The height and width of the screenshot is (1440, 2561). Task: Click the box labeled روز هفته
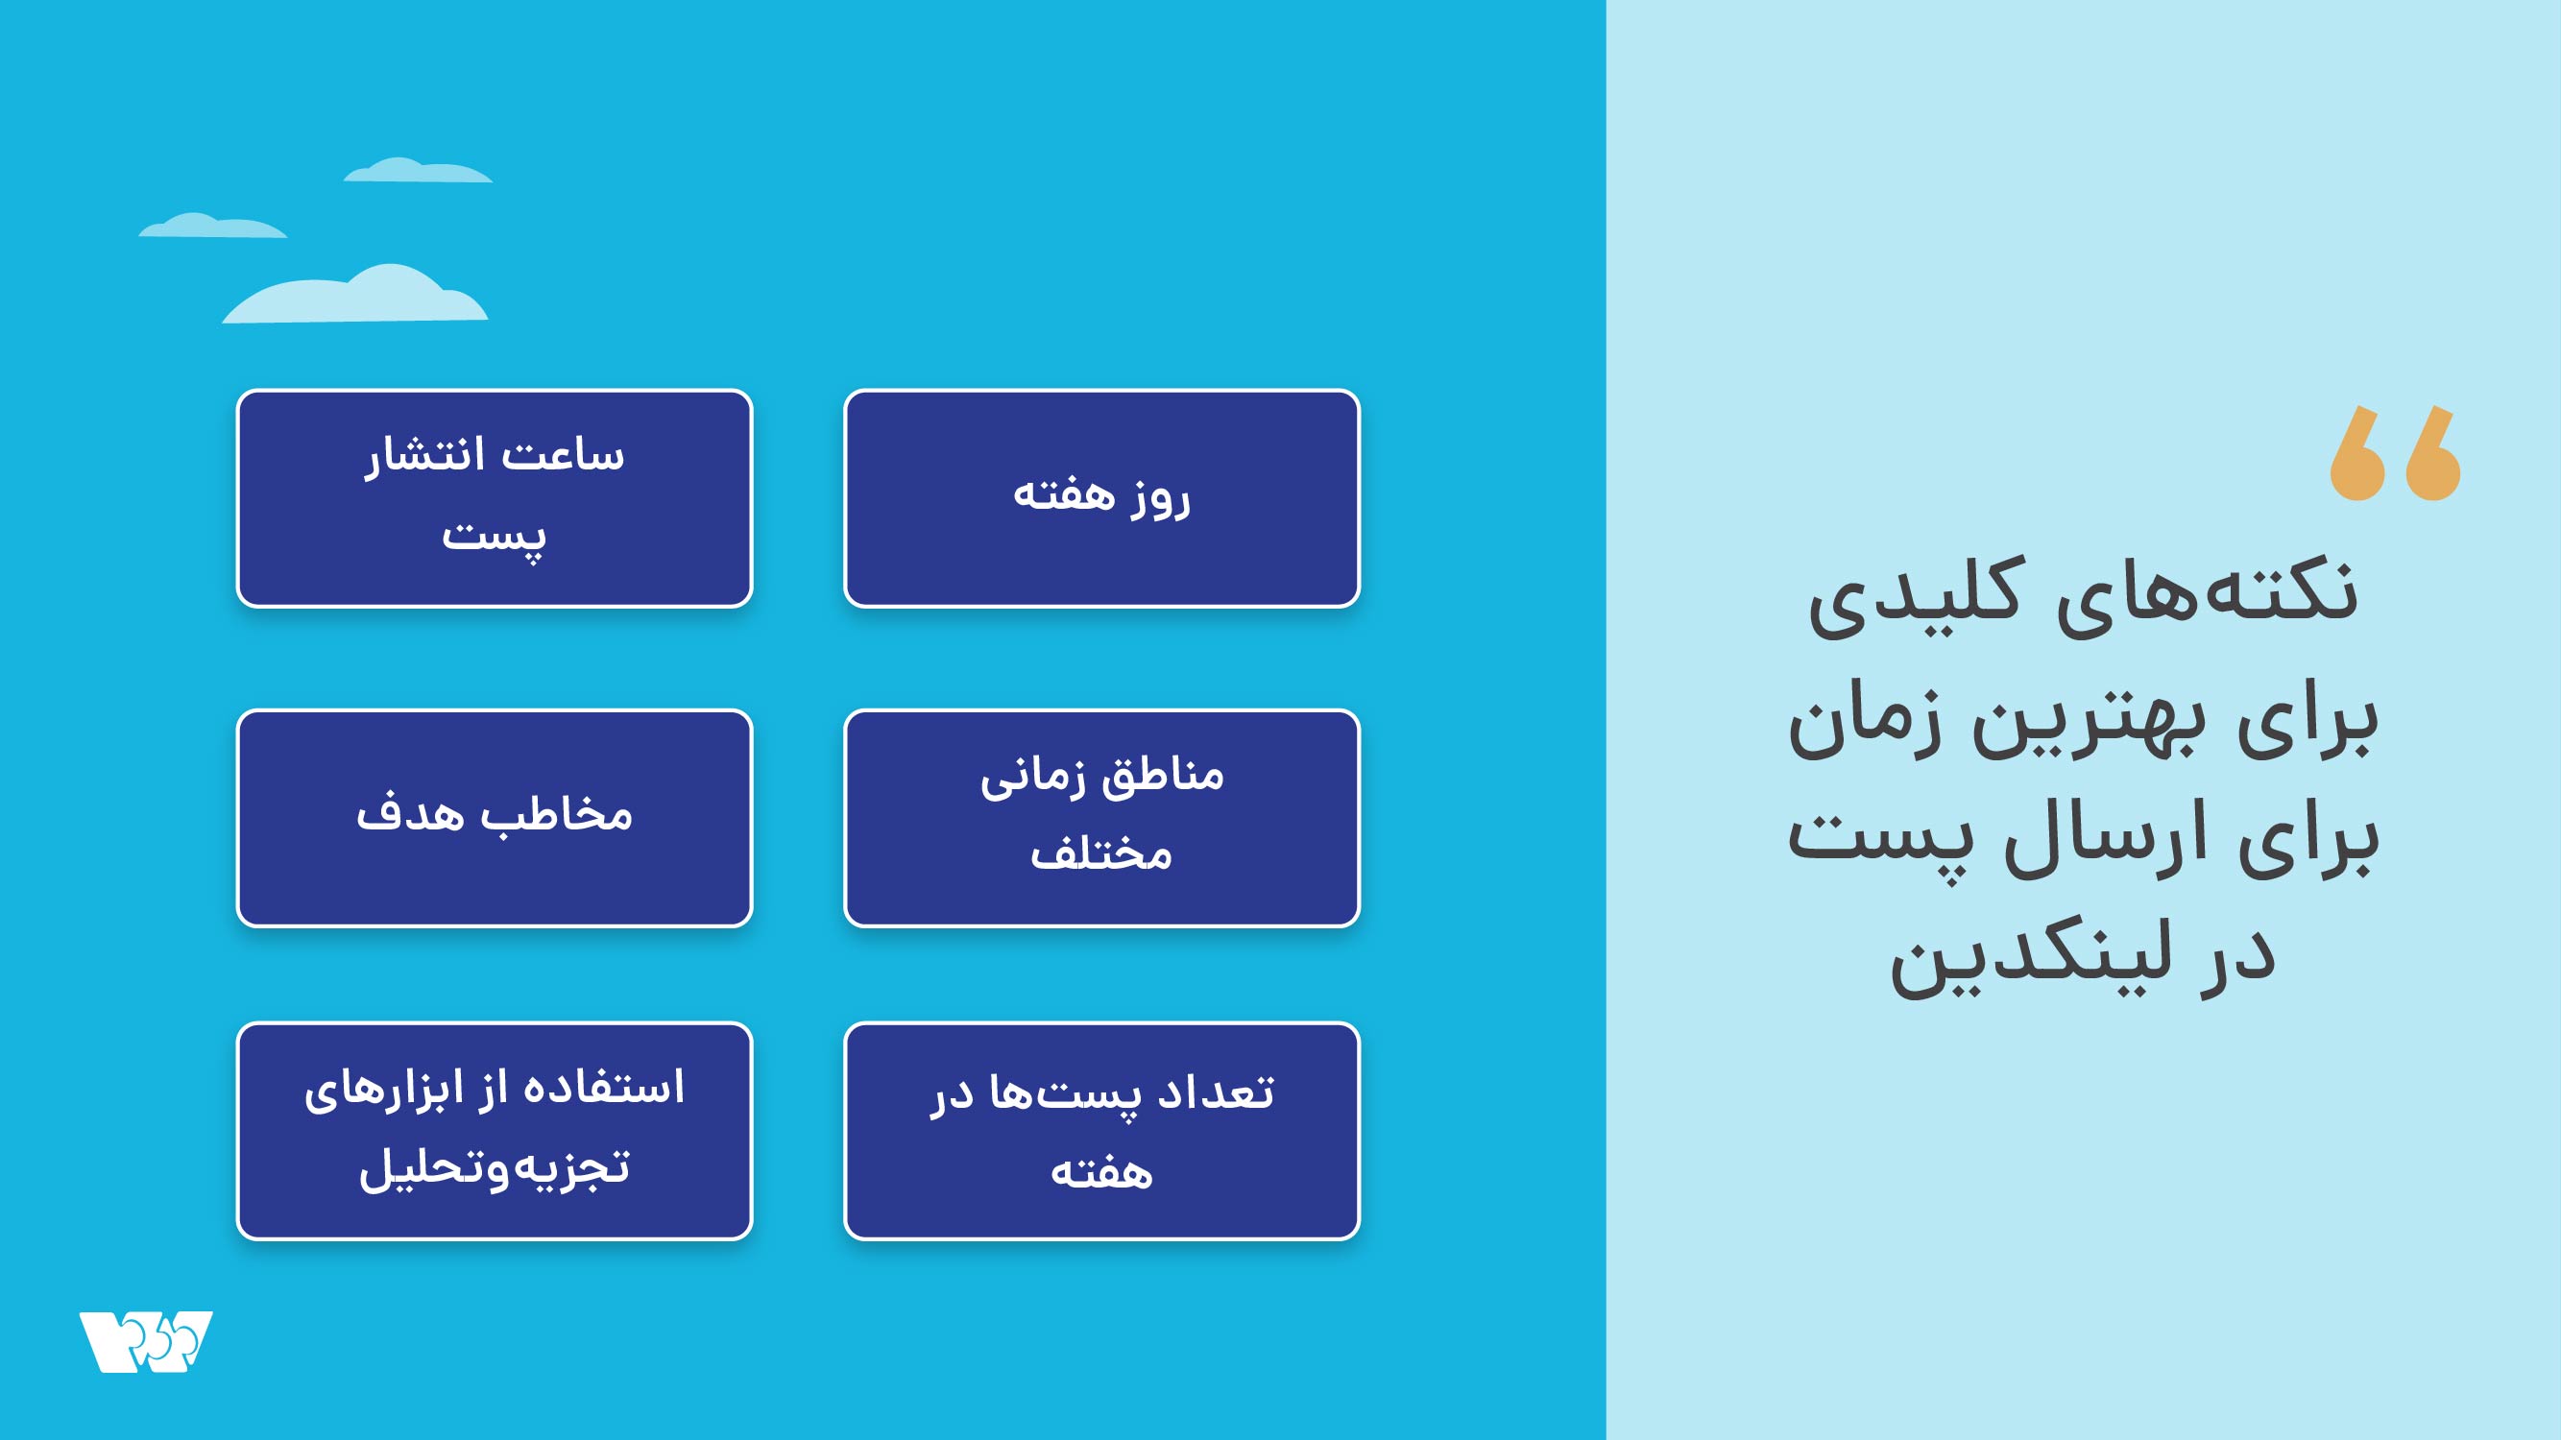(x=1101, y=498)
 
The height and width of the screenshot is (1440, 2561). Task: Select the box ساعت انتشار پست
(x=495, y=498)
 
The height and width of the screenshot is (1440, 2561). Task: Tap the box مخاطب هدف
(x=495, y=818)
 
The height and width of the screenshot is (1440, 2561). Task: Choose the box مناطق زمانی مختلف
(x=1101, y=818)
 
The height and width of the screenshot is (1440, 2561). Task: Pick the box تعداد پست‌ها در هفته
(x=1101, y=1131)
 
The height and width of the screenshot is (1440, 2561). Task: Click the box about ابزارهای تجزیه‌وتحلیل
(x=495, y=1131)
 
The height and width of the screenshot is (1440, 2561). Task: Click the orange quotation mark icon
(x=2395, y=452)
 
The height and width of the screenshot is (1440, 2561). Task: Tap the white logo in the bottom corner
(x=146, y=1342)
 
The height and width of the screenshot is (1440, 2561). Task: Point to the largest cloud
(x=355, y=294)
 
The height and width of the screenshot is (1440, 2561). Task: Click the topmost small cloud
(x=418, y=170)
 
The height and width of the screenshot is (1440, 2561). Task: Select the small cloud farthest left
(x=213, y=226)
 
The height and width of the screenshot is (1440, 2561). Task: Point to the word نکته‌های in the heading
(x=2207, y=593)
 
